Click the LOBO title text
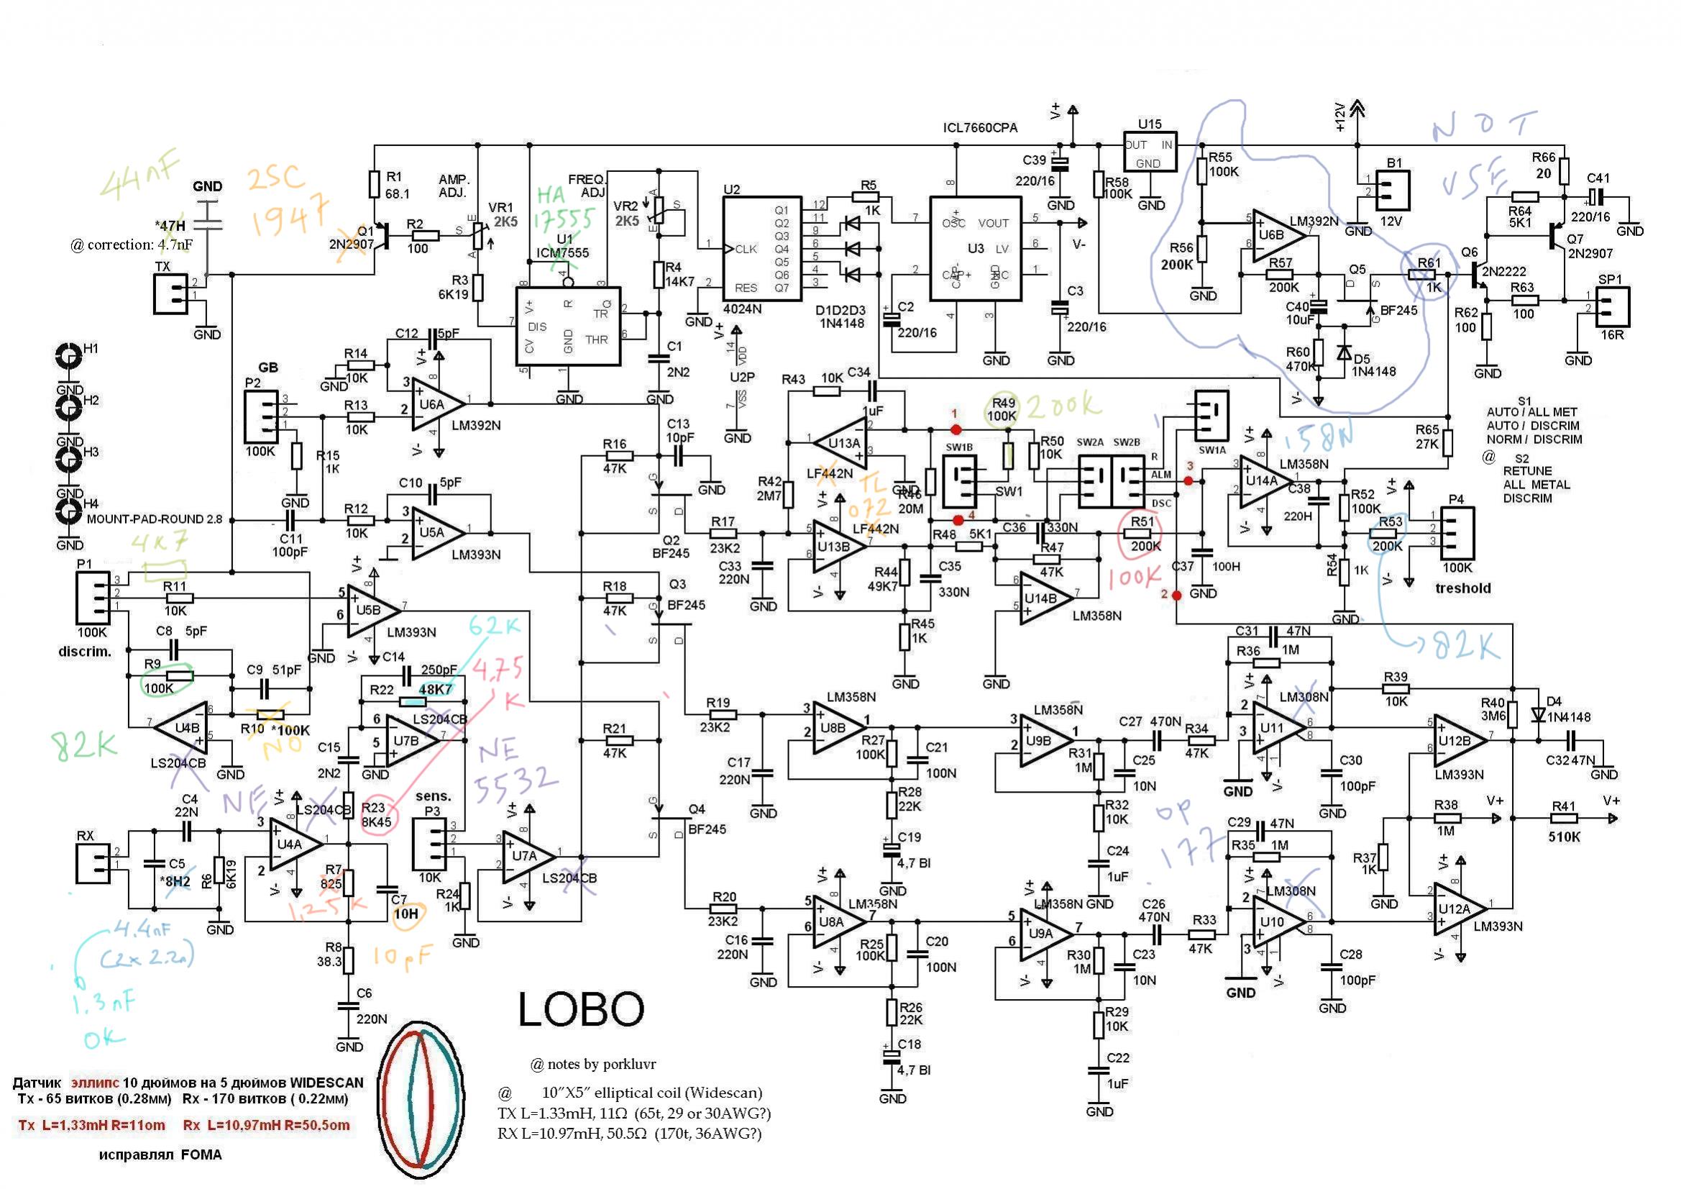[581, 1009]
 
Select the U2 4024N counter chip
[761, 249]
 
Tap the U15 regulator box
[1150, 152]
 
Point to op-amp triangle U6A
[436, 404]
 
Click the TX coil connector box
[170, 293]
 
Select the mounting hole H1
[70, 357]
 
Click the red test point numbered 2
[1176, 596]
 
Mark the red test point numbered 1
[955, 429]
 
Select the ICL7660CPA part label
[979, 128]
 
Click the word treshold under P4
[1462, 588]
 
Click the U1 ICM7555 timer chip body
[567, 327]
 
